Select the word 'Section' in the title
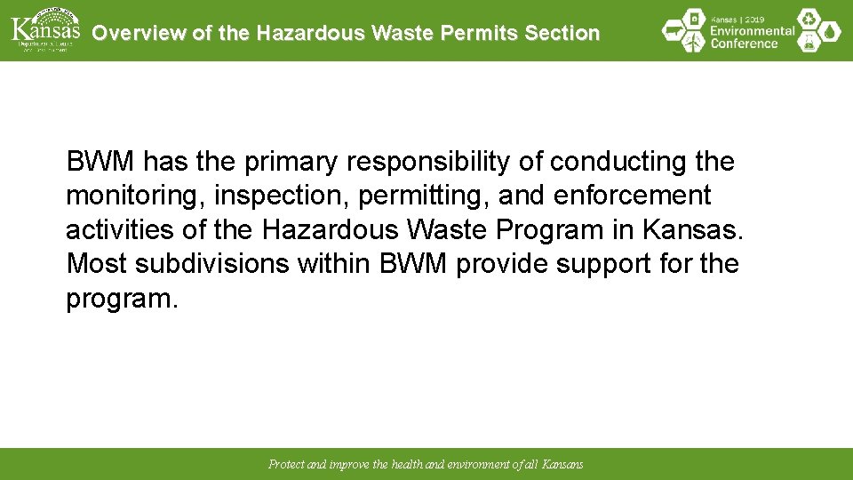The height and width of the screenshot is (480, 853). [562, 33]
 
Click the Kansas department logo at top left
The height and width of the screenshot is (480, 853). [44, 29]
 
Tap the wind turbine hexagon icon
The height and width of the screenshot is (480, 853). [693, 41]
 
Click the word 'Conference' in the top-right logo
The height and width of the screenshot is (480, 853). [745, 44]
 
